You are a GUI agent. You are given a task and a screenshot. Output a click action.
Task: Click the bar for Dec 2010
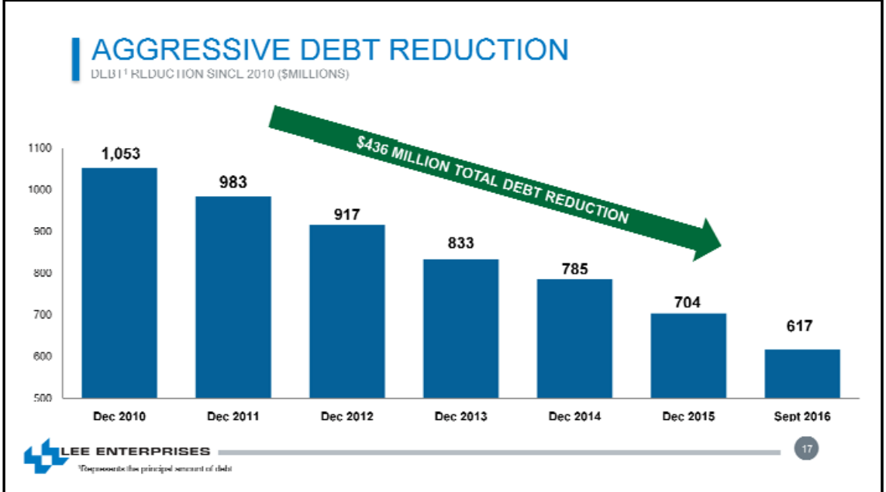point(119,283)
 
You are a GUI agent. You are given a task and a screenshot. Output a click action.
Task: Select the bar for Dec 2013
point(460,329)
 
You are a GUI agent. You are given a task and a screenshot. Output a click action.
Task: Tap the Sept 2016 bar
point(802,373)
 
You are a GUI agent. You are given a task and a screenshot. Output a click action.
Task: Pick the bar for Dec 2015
point(688,356)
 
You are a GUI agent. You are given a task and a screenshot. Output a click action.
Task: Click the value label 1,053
point(121,153)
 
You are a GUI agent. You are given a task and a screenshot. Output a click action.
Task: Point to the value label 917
point(346,215)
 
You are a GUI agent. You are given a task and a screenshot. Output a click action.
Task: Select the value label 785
point(574,270)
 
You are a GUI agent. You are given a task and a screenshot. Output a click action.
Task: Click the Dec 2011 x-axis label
point(233,417)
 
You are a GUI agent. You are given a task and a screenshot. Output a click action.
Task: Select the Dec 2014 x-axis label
point(574,417)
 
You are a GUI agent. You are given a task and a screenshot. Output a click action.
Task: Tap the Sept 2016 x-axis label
point(802,417)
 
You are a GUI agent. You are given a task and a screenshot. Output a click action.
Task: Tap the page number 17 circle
point(806,448)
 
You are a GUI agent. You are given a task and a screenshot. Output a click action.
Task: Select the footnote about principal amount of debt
point(154,470)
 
